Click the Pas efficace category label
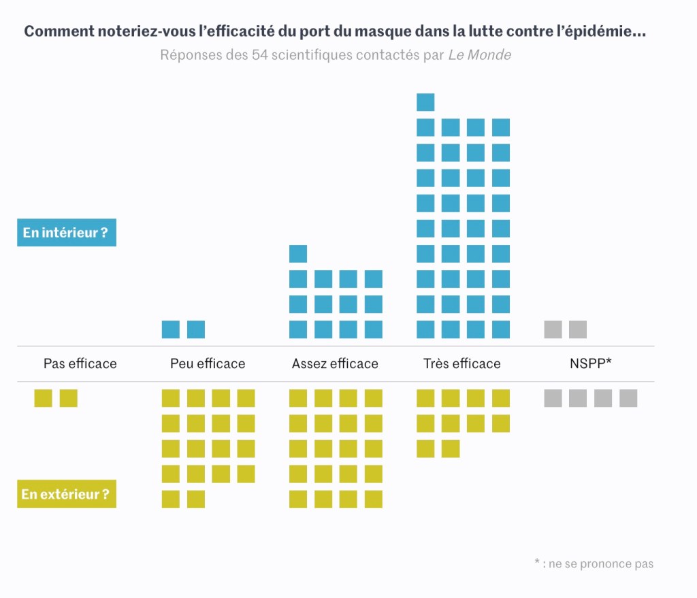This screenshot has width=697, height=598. pos(80,363)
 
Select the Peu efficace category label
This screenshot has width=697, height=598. pos(208,363)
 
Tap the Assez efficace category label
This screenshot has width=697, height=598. pos(335,363)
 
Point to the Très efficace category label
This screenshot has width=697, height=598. pos(461,363)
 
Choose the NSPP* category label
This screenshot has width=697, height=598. pos(590,363)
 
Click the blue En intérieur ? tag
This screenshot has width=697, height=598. pos(66,233)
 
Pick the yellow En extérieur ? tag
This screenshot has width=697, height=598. pos(66,494)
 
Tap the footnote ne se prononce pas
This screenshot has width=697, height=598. pos(594,563)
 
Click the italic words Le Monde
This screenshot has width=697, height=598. pos(479,55)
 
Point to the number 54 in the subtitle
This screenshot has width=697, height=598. pos(259,55)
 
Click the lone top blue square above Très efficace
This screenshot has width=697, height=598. pos(425,102)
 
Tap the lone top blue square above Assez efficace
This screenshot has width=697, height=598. pos(298,254)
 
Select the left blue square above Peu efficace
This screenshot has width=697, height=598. pos(171,329)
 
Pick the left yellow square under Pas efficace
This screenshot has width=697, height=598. pos(44,398)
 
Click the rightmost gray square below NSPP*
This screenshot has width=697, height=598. pos(628,398)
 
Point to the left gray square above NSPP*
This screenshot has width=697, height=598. pos(553,329)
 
